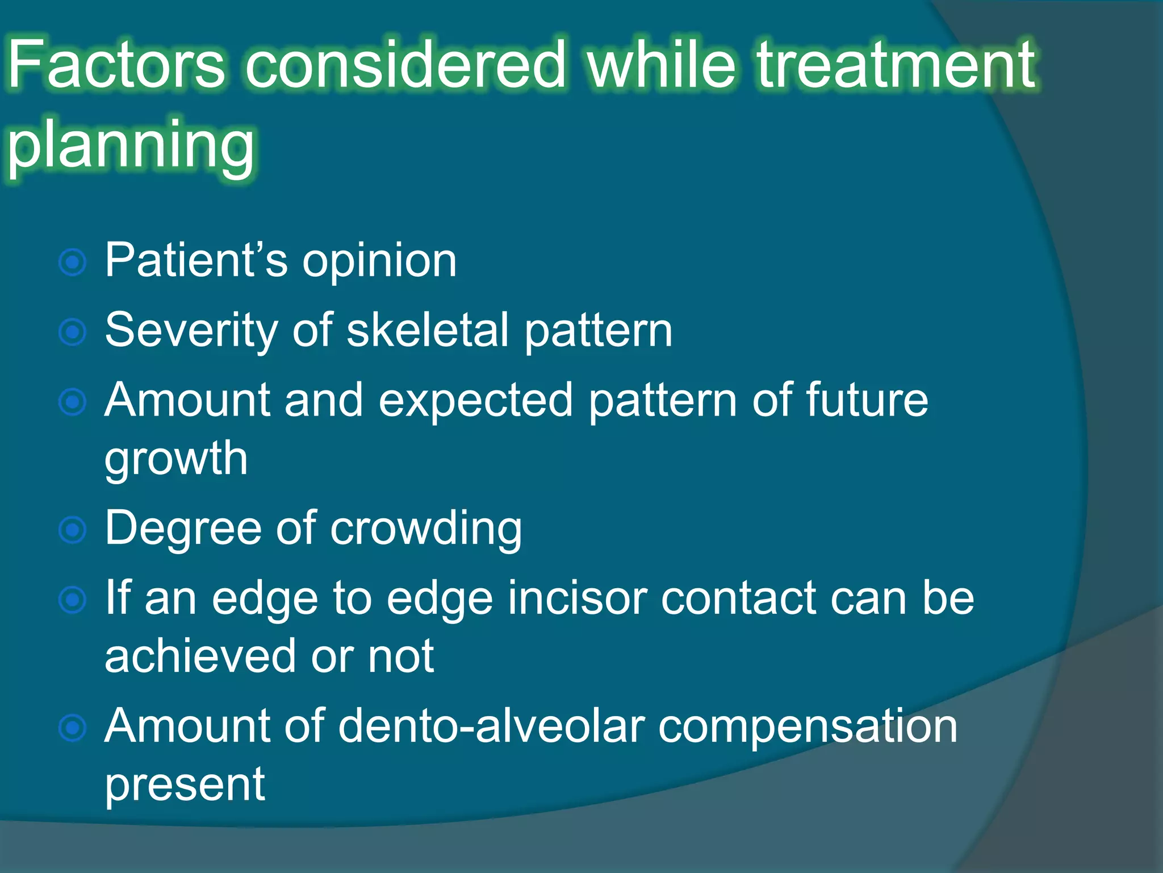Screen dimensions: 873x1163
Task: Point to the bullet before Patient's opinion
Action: (73, 263)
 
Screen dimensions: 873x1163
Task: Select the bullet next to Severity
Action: (73, 332)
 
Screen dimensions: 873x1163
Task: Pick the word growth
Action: (176, 459)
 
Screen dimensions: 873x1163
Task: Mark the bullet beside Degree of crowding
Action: (73, 530)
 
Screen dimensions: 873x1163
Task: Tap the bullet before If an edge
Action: (73, 600)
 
